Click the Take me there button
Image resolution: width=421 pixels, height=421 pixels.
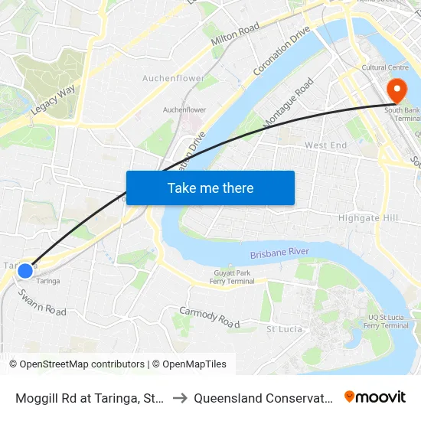click(210, 188)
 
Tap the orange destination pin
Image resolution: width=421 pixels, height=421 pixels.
click(397, 92)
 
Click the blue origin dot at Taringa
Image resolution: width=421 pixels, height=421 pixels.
click(25, 270)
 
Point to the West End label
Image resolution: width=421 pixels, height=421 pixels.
click(325, 145)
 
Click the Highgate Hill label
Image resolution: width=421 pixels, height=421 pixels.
click(369, 218)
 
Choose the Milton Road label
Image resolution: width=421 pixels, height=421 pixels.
click(237, 38)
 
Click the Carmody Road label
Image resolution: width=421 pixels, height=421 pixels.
click(209, 316)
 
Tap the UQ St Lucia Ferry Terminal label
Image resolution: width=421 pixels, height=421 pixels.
click(386, 320)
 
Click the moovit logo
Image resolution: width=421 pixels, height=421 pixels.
click(374, 397)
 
